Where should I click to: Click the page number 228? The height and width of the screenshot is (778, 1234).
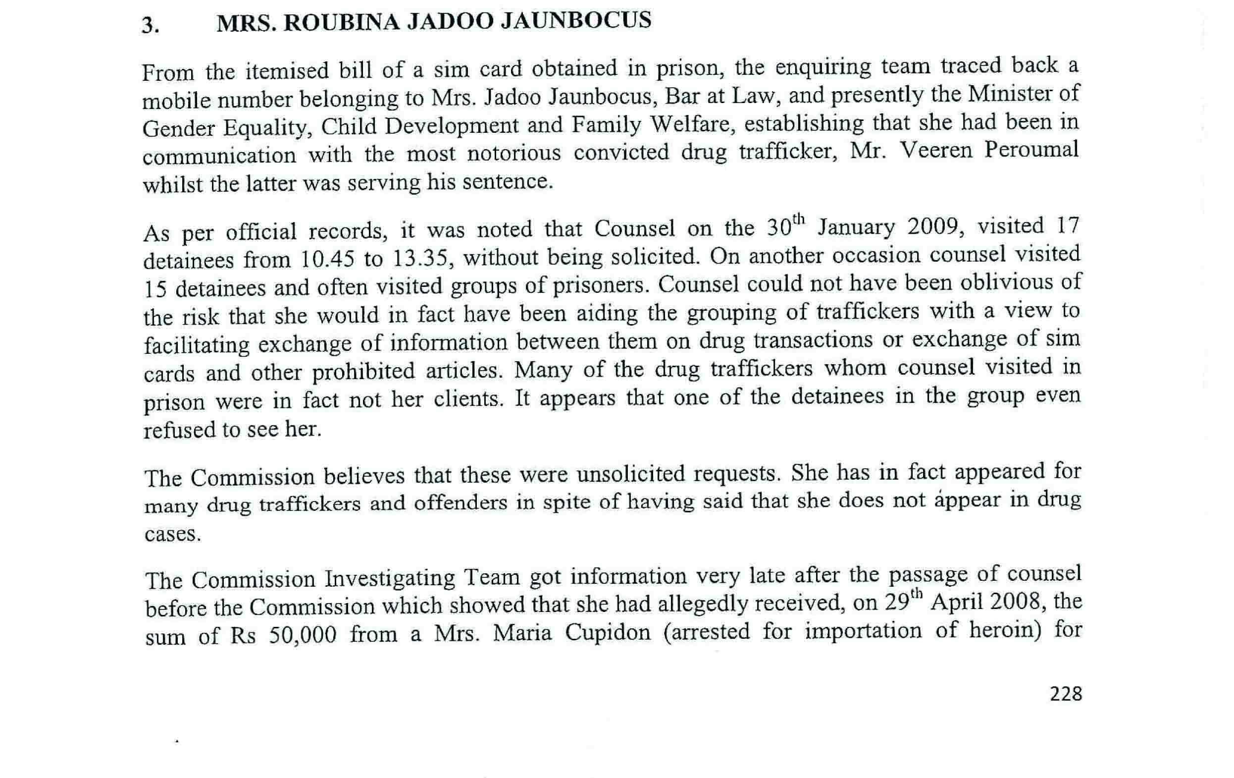click(x=1066, y=694)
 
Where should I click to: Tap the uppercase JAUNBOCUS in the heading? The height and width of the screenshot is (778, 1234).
click(x=575, y=20)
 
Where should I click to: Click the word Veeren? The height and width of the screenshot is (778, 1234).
click(x=936, y=151)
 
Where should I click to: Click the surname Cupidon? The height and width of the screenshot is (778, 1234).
click(x=607, y=633)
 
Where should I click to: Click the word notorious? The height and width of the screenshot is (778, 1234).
click(x=514, y=153)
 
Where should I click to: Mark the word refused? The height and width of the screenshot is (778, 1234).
click(x=177, y=430)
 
